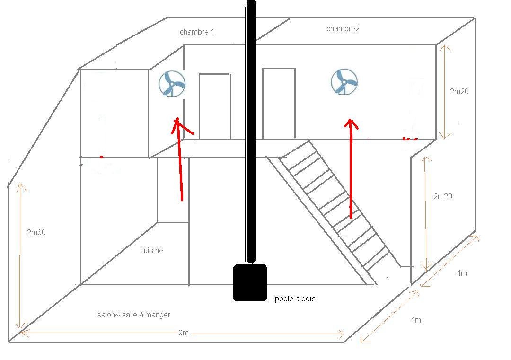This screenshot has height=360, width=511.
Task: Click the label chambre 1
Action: pyautogui.click(x=197, y=32)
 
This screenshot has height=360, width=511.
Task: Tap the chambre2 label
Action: pyautogui.click(x=343, y=29)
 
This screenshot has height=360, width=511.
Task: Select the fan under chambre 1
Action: pyautogui.click(x=172, y=84)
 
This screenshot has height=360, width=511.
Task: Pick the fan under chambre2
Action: pyautogui.click(x=344, y=81)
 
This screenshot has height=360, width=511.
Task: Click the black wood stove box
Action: pyautogui.click(x=250, y=282)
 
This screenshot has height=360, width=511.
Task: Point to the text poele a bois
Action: pyautogui.click(x=295, y=299)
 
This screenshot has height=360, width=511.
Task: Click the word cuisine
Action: pyautogui.click(x=151, y=251)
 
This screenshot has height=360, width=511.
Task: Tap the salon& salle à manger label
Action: pyautogui.click(x=133, y=315)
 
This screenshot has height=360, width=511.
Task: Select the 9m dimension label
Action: pyautogui.click(x=184, y=333)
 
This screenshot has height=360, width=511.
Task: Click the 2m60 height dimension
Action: pyautogui.click(x=36, y=232)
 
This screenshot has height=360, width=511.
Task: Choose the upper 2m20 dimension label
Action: pyautogui.click(x=459, y=92)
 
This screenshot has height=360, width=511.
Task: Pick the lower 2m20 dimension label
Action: pyautogui.click(x=443, y=196)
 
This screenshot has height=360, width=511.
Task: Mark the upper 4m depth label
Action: pyautogui.click(x=461, y=273)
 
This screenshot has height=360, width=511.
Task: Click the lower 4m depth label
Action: pyautogui.click(x=415, y=320)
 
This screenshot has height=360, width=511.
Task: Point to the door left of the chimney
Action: pyautogui.click(x=215, y=106)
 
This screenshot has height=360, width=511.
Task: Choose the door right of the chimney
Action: pyautogui.click(x=279, y=104)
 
